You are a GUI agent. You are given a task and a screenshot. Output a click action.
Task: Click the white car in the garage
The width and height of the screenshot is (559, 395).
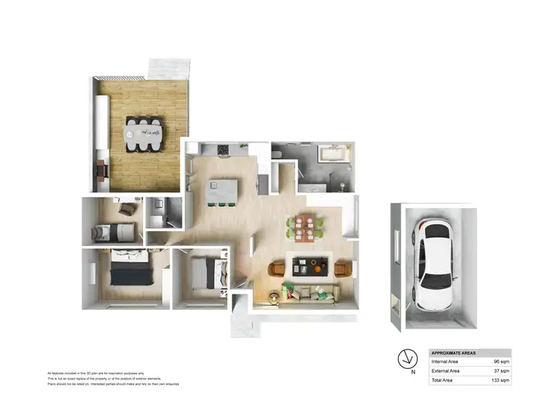tap(432, 264)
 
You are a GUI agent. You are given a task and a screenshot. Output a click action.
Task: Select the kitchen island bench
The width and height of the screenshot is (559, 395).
tap(219, 191)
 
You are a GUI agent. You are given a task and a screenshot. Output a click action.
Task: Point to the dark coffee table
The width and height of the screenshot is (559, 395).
tap(307, 266)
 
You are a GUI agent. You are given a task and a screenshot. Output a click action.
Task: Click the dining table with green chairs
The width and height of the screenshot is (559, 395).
tap(305, 226)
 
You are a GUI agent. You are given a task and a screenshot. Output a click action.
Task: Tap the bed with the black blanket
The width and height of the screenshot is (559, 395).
tap(131, 270)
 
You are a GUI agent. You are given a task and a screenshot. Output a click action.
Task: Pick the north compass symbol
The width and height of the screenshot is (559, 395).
tap(407, 356)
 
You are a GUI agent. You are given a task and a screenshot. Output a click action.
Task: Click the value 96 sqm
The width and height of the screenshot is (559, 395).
tap(499, 361)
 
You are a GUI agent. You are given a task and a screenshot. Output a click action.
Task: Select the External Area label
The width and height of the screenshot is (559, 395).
tap(446, 370)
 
